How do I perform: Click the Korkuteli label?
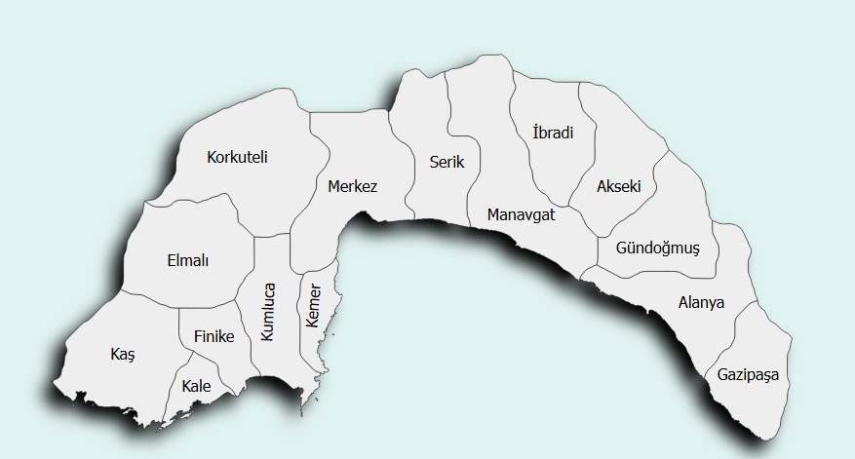[237, 157]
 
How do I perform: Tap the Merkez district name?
[352, 186]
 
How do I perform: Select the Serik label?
[447, 163]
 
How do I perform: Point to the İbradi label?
[553, 133]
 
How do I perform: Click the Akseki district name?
[618, 186]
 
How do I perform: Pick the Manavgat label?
[521, 215]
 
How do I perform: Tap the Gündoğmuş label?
[657, 249]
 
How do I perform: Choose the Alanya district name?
[701, 303]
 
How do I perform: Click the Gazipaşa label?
[748, 375]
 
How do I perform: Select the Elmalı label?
[188, 261]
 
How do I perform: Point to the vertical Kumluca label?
[268, 312]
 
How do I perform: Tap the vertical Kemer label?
[313, 306]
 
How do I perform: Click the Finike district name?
[214, 336]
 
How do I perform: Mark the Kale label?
[196, 386]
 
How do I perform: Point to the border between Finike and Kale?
[200, 352]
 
